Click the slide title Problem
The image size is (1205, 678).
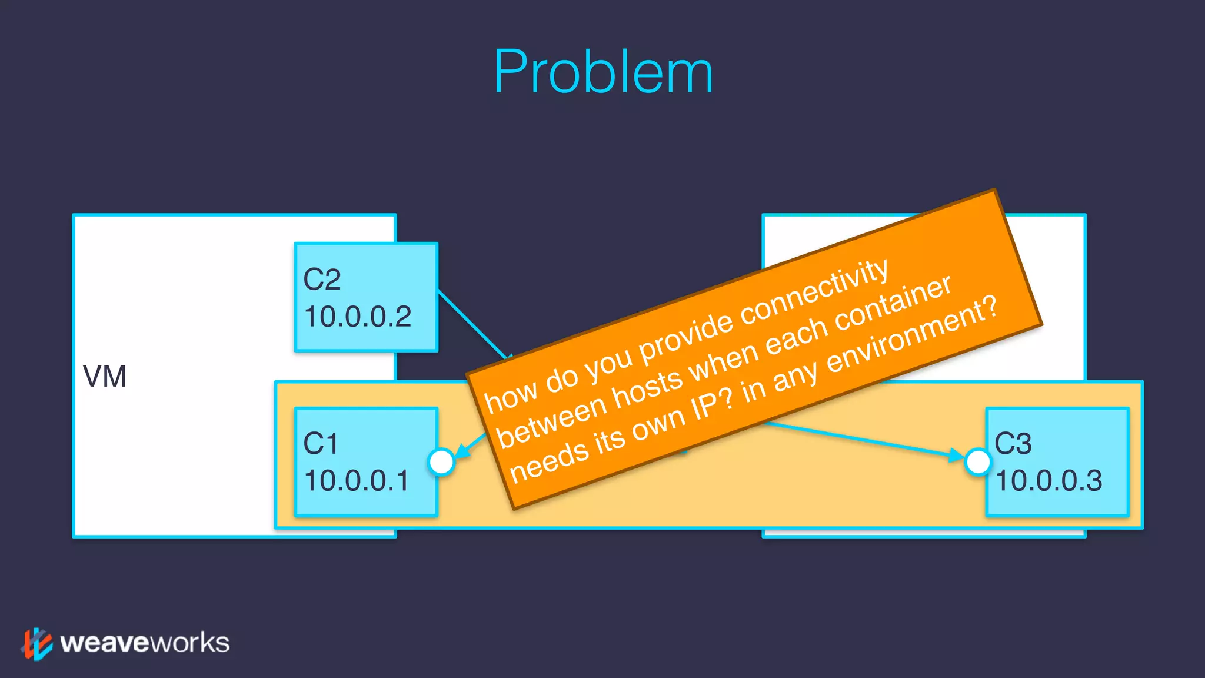(x=603, y=72)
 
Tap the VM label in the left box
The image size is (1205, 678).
(x=105, y=377)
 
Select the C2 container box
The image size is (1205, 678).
(x=366, y=297)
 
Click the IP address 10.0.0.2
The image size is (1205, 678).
(x=358, y=317)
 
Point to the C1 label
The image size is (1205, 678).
(x=321, y=443)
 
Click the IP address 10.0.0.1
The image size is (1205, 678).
(x=357, y=481)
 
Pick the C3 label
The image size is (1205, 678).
(x=1013, y=443)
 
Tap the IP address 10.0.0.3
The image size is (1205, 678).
(x=1048, y=481)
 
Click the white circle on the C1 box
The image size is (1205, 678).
(x=441, y=462)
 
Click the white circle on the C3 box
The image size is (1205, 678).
(x=978, y=462)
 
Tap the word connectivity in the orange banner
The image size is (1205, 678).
(x=814, y=292)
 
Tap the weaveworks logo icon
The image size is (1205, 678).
(x=36, y=643)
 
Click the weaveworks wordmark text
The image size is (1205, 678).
(x=145, y=643)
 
